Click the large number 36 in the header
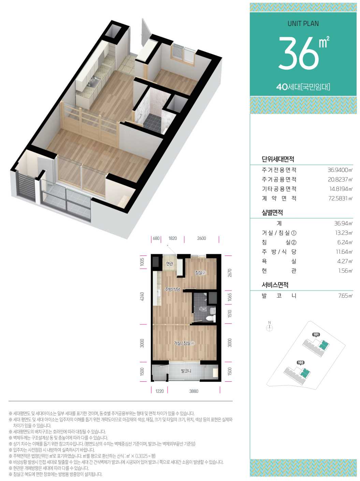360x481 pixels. point(298,53)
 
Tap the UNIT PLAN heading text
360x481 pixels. point(303,24)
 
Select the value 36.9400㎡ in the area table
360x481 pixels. point(340,170)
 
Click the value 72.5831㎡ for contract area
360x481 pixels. point(340,199)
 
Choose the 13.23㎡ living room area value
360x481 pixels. point(344,233)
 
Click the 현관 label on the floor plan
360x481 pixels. point(169,264)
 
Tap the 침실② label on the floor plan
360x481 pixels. point(201,273)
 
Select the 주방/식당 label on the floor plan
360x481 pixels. point(172,289)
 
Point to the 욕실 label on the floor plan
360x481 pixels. point(203,309)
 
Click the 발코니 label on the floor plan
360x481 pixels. point(186,371)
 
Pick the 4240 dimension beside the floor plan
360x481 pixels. point(142,296)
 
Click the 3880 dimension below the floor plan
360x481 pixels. point(194,391)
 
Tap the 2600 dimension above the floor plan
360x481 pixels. point(201,238)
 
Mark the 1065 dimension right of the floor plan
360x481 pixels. point(229,297)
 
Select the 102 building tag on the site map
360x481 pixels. point(301,363)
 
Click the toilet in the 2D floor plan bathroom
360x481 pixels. point(210,318)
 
